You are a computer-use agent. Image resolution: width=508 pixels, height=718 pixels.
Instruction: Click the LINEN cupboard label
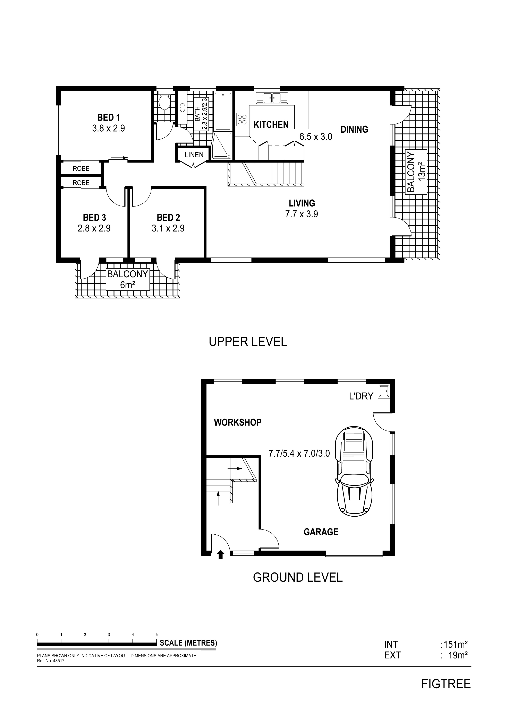pos(194,155)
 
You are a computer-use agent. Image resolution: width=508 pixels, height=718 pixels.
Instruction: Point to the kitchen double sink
pos(272,98)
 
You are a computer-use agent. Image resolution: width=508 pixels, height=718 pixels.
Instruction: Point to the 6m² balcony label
pos(127,279)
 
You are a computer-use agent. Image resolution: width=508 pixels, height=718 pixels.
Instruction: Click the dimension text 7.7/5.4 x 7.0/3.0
pos(299,453)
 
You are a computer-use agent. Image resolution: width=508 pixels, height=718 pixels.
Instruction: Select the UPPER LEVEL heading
pos(248,342)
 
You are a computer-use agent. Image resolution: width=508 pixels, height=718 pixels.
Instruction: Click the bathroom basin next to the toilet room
pos(183,108)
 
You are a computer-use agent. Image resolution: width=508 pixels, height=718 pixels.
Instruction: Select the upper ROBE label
pos(81,169)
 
